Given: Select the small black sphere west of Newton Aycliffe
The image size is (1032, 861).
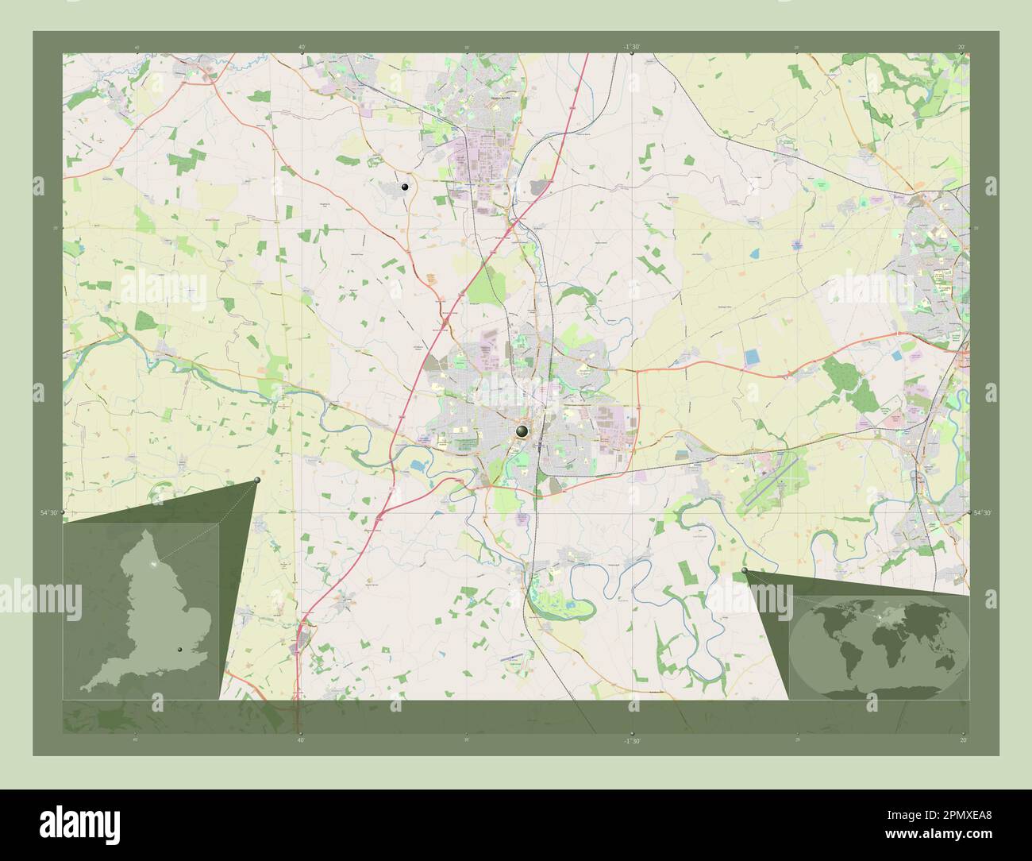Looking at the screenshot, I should click(406, 187).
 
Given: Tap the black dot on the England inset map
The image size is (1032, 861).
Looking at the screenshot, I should click(180, 651).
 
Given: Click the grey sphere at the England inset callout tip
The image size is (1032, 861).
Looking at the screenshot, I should click(258, 481).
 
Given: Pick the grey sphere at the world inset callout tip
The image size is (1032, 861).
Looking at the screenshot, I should click(744, 571).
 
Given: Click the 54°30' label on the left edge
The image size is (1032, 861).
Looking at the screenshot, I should click(49, 513).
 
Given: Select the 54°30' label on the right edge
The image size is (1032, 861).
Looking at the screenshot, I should click(982, 513).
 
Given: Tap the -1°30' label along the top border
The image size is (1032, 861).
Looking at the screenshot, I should click(631, 47).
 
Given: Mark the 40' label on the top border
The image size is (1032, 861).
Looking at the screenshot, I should click(302, 47).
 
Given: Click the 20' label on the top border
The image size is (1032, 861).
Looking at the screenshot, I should click(961, 47).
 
